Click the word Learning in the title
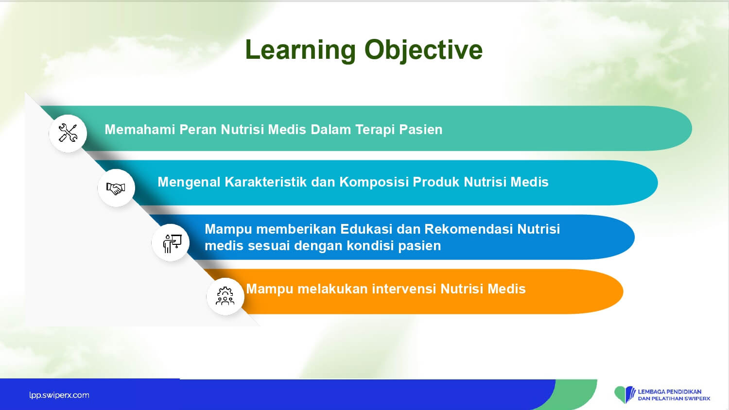[300, 51]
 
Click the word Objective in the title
[424, 51]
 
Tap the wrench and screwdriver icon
[68, 133]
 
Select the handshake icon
[116, 188]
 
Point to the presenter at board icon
[172, 243]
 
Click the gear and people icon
[225, 296]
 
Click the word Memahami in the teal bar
[140, 130]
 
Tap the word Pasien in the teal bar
[421, 130]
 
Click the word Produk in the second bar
[436, 182]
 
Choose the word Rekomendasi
[469, 229]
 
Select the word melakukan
[332, 289]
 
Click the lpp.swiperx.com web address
[59, 395]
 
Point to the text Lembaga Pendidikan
[669, 392]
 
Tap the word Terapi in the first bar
[375, 130]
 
